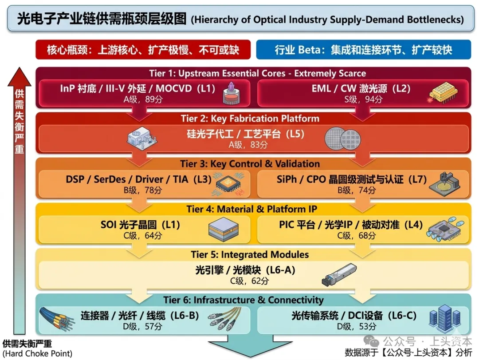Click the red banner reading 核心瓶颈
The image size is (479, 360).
[143, 50]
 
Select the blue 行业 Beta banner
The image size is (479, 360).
[363, 50]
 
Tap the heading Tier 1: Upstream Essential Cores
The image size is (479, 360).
[257, 73]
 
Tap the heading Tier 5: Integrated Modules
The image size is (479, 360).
[250, 254]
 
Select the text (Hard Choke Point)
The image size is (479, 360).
[37, 354]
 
